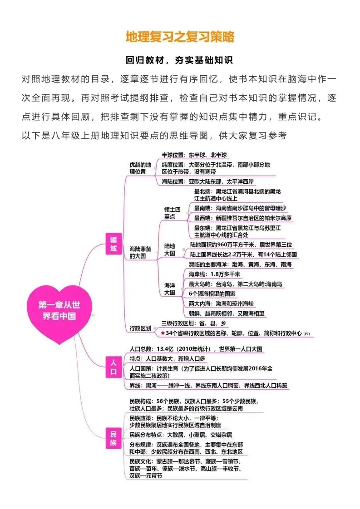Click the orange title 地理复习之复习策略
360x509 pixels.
pyautogui.click(x=180, y=37)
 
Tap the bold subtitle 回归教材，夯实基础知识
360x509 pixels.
pyautogui.click(x=179, y=60)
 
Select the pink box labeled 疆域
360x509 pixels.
pyautogui.click(x=113, y=244)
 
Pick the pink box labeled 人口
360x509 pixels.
pyautogui.click(x=113, y=367)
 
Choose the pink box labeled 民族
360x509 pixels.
pyautogui.click(x=113, y=438)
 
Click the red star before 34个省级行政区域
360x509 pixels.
pyautogui.click(x=163, y=333)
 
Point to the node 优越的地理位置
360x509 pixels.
pyautogui.click(x=140, y=168)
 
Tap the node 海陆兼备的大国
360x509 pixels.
pyautogui.click(x=140, y=253)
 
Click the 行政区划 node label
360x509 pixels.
pyautogui.click(x=140, y=328)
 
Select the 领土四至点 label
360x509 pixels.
pyautogui.click(x=172, y=213)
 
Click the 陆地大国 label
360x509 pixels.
pyautogui.click(x=170, y=250)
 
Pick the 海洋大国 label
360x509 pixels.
pyautogui.click(x=170, y=289)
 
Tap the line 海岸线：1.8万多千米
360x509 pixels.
pyautogui.click(x=214, y=274)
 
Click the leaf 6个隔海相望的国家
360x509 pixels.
pyautogui.click(x=212, y=294)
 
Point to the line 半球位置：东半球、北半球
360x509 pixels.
pyautogui.click(x=194, y=155)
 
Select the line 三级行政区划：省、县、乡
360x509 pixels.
pyautogui.click(x=194, y=323)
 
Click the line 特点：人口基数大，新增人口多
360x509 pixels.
pyautogui.click(x=168, y=359)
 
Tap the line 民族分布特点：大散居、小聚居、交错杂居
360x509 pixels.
pyautogui.click(x=181, y=435)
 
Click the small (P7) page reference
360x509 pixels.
pyautogui.click(x=307, y=334)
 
